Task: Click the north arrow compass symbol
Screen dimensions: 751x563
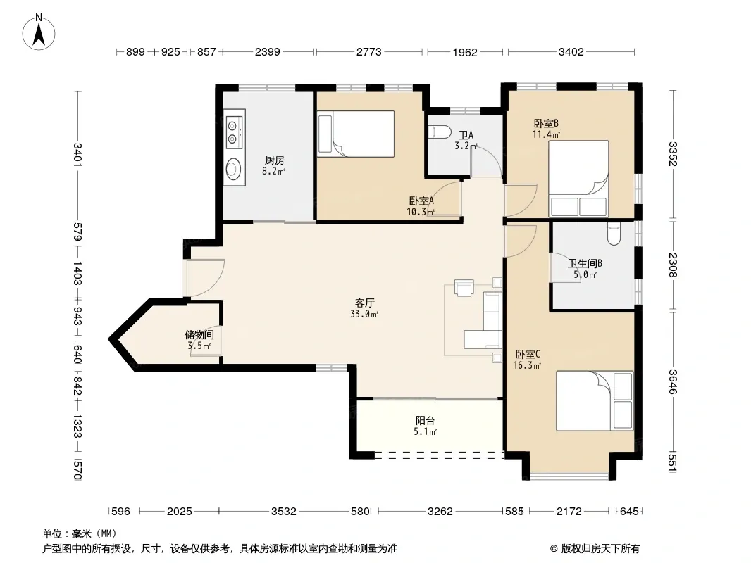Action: point(39,32)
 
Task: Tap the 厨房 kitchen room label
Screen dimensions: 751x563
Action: point(275,160)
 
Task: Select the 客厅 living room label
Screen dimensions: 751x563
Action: point(364,303)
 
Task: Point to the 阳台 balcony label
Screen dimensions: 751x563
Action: point(426,420)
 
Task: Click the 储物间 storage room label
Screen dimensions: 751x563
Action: point(199,335)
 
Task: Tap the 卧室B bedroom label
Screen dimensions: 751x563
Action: point(546,123)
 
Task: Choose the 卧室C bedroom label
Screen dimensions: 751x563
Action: point(528,355)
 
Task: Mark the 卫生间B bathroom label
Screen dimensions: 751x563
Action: point(585,263)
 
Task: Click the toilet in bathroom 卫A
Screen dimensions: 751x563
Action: point(440,132)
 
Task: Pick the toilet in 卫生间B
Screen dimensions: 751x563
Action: point(614,234)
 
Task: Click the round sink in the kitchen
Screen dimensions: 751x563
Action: point(234,168)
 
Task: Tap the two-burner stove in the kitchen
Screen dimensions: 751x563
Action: point(233,132)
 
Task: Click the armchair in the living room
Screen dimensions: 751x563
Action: point(464,287)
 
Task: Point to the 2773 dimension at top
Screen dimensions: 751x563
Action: point(368,51)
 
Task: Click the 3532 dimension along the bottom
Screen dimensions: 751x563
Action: point(284,512)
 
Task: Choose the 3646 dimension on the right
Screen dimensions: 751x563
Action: point(673,381)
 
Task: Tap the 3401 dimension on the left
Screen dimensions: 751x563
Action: point(77,155)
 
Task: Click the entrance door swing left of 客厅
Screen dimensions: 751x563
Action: point(206,278)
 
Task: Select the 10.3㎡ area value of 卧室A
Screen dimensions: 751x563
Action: point(421,211)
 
